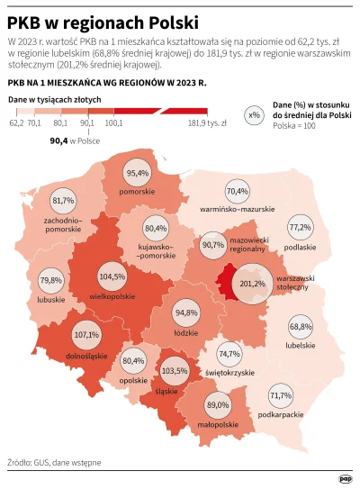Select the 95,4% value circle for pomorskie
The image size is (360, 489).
click(x=138, y=173)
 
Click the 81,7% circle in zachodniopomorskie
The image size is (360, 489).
click(x=64, y=200)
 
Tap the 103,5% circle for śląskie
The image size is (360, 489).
click(x=175, y=370)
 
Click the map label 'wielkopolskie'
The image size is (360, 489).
click(x=112, y=294)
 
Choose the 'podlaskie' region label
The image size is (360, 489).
click(x=300, y=246)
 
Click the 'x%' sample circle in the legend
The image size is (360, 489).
click(x=254, y=116)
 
